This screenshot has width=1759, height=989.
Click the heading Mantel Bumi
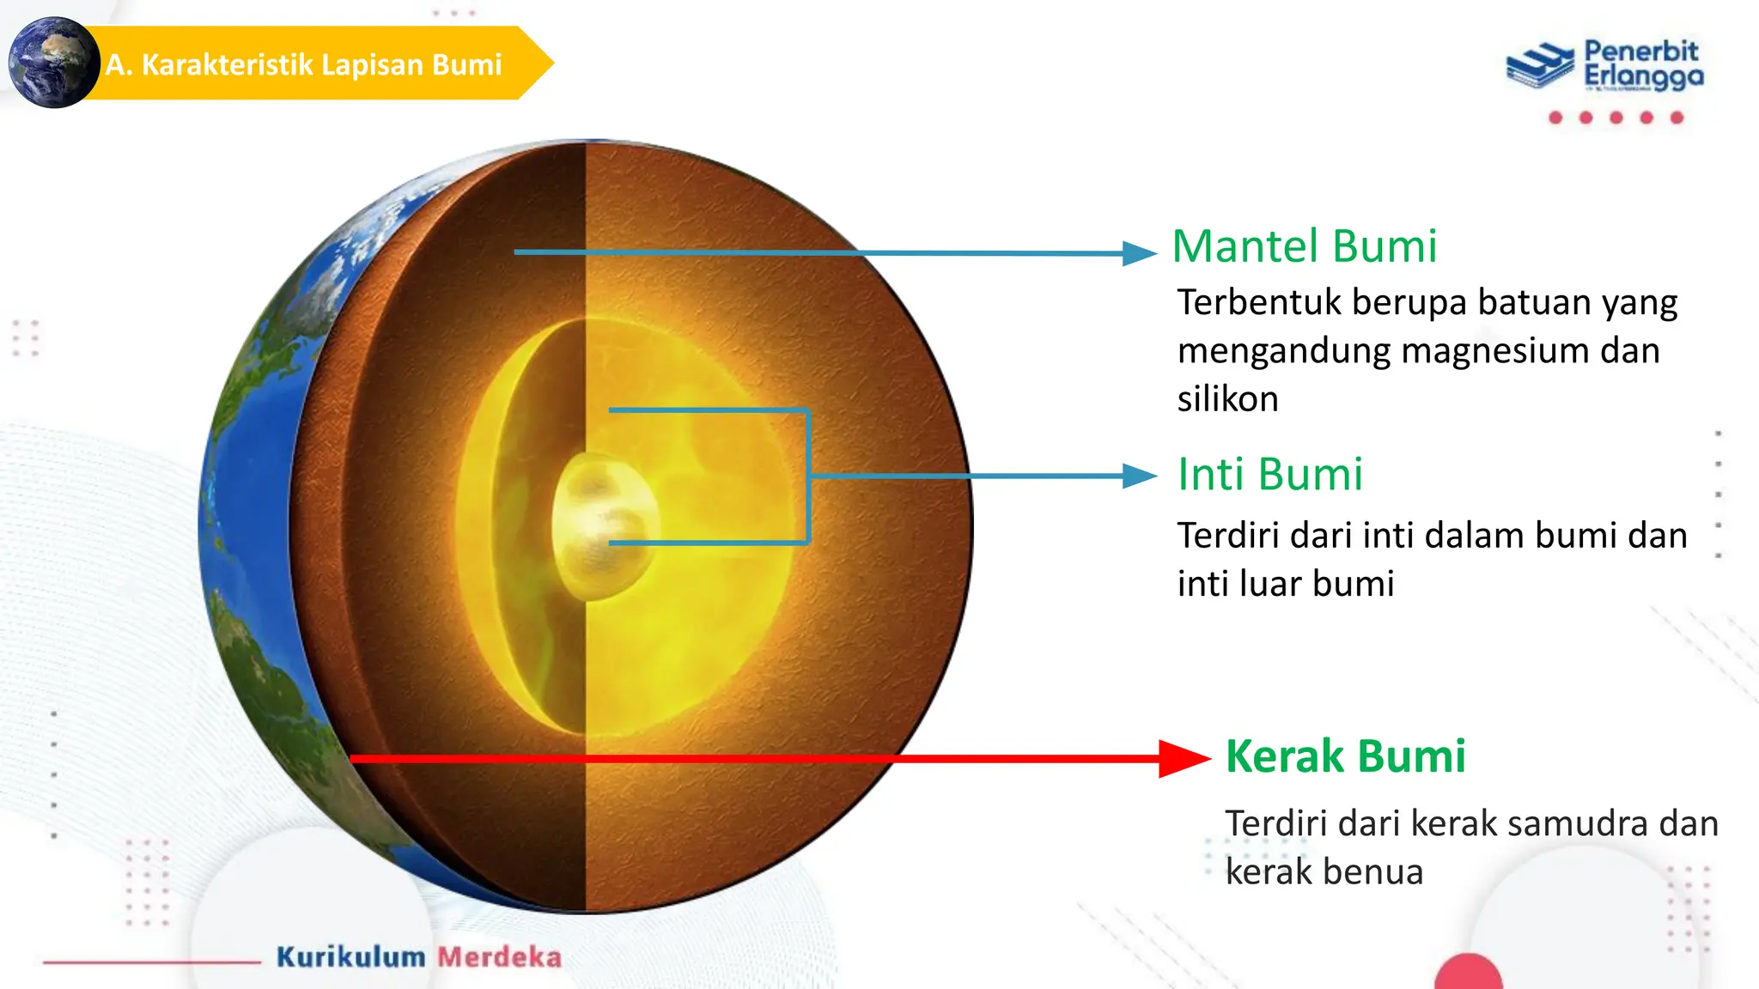point(1304,247)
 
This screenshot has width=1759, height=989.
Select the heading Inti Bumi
point(1269,475)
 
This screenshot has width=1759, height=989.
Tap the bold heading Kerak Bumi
point(1345,756)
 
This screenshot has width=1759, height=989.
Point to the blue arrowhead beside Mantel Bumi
point(1140,253)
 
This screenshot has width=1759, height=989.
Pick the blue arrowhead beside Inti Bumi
point(1140,476)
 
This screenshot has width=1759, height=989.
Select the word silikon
point(1227,399)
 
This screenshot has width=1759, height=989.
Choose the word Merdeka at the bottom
point(499,956)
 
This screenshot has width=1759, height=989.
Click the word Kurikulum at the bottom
point(350,956)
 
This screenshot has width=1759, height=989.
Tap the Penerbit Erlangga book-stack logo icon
point(1541,64)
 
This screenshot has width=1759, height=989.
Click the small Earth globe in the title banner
point(53,63)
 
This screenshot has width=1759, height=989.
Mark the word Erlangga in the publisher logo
point(1643,77)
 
